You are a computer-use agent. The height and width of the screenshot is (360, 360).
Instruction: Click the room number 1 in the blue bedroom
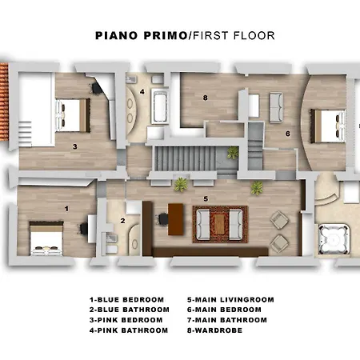(x=66, y=209)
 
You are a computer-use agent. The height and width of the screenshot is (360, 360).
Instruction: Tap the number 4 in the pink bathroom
(x=142, y=92)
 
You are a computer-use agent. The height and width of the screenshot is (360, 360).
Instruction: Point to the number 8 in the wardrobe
(x=205, y=98)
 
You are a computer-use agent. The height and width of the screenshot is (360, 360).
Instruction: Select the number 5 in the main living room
(x=206, y=199)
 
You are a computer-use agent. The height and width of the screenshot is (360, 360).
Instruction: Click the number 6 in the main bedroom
(x=288, y=134)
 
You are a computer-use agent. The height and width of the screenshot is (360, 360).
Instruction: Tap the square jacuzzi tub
(x=334, y=239)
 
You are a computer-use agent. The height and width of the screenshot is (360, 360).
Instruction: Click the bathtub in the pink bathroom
(x=159, y=106)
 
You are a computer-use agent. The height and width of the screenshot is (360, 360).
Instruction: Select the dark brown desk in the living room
(x=176, y=219)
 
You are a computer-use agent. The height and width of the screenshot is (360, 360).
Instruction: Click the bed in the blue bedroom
(x=46, y=238)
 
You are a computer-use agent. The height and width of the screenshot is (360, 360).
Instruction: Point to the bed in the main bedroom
(x=328, y=126)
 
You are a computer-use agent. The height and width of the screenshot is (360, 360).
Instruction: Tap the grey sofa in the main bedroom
(x=276, y=107)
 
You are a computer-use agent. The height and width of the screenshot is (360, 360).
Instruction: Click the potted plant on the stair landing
(x=233, y=153)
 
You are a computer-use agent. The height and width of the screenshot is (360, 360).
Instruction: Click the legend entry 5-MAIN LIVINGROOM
(x=230, y=300)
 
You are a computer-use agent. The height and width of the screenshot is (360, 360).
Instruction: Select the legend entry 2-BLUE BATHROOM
(x=130, y=310)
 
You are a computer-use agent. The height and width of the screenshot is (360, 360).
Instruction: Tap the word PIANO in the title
(x=117, y=36)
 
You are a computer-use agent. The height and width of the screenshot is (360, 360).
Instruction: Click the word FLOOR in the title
(x=254, y=36)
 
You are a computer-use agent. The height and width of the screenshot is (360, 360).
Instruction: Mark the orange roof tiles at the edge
(x=4, y=102)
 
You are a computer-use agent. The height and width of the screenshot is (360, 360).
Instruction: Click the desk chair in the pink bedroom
(x=96, y=88)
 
